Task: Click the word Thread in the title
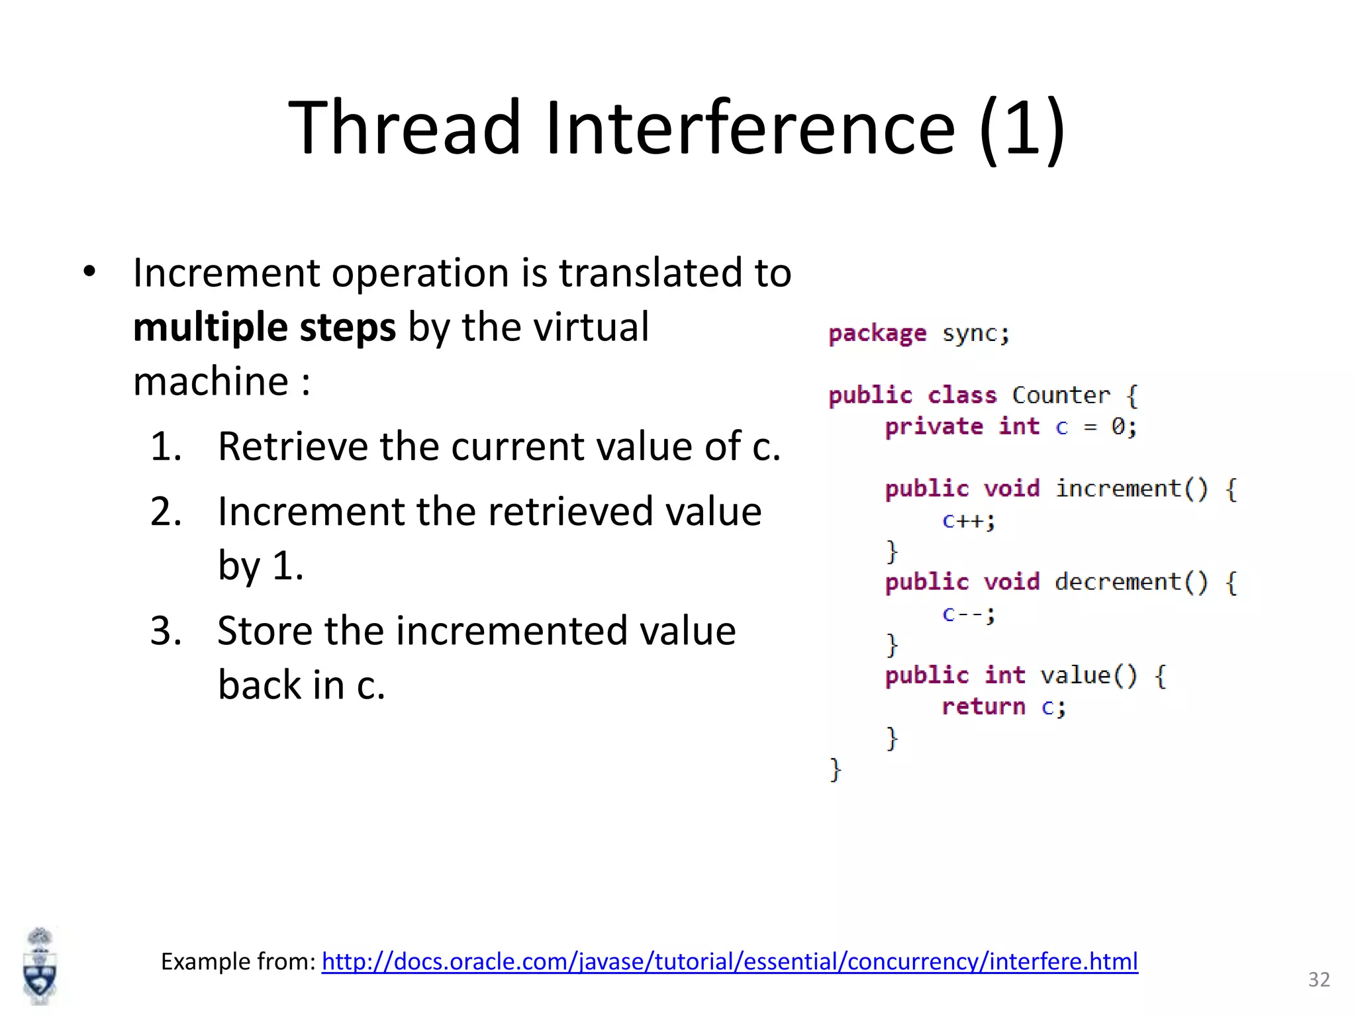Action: tap(405, 127)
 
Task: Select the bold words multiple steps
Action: tap(264, 327)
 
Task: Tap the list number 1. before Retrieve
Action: tap(166, 446)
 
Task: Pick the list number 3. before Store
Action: tap(166, 630)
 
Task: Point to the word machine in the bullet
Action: tap(211, 381)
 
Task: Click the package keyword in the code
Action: tap(877, 334)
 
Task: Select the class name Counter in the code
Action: tap(1061, 395)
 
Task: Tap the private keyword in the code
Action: tap(934, 426)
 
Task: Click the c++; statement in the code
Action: tap(968, 520)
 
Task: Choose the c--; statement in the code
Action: tap(968, 614)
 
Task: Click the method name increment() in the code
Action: tap(1131, 489)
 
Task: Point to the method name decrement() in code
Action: tap(1131, 582)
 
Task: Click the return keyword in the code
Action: tap(983, 706)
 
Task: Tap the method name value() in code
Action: tap(1089, 675)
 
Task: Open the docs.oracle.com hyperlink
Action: tap(730, 961)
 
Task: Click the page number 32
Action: tap(1319, 979)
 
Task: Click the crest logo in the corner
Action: tap(40, 967)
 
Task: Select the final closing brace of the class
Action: tap(835, 769)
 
